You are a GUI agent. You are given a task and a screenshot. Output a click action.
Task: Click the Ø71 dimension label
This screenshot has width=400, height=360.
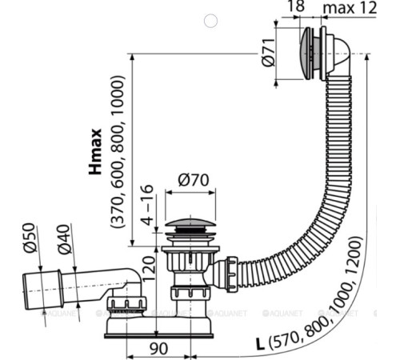tap(268, 53)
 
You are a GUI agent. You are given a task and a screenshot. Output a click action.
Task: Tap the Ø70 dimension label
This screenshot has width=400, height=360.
tap(194, 180)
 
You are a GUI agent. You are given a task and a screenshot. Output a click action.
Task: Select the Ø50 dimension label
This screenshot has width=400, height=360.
tap(30, 238)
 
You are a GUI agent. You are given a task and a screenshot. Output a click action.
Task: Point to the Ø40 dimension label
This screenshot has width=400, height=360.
tap(64, 239)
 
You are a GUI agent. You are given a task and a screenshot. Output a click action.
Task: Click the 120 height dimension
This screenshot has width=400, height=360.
tap(149, 268)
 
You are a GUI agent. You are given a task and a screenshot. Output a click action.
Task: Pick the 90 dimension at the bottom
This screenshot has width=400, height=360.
tap(159, 348)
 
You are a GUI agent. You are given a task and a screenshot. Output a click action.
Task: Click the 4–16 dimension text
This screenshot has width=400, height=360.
tap(146, 205)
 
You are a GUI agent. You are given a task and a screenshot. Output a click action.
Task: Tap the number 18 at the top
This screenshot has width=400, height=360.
tap(296, 6)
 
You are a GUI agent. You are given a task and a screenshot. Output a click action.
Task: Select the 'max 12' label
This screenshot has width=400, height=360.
tap(350, 8)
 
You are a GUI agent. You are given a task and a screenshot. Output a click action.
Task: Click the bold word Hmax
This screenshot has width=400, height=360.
tap(95, 152)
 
